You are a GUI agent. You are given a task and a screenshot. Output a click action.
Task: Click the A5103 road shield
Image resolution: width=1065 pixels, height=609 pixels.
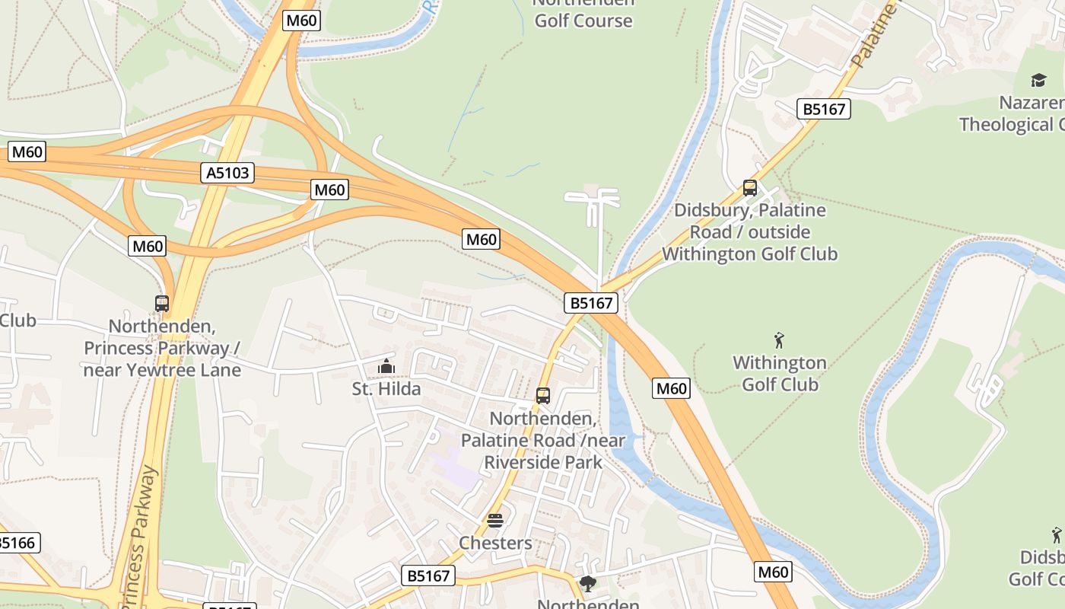coord(228,173)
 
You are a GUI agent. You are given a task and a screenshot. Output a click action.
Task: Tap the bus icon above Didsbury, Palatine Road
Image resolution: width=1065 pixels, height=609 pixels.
coord(750,187)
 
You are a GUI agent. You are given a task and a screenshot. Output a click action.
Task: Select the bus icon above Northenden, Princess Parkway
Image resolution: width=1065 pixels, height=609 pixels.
coord(162,304)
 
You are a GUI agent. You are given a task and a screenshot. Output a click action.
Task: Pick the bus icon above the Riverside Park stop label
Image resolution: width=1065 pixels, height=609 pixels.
coord(542,396)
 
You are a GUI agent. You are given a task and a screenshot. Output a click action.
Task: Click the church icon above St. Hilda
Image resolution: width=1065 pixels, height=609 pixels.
coord(386,367)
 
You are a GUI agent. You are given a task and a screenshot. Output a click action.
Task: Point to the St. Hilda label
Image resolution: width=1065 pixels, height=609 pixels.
coord(386,389)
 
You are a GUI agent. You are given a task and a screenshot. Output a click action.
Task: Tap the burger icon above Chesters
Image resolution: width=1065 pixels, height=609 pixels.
coord(495,521)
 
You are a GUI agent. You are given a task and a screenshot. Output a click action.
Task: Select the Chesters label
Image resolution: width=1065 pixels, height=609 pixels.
coord(495,543)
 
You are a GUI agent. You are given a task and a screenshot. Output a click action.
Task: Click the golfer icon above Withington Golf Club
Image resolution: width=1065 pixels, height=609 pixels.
coord(779,340)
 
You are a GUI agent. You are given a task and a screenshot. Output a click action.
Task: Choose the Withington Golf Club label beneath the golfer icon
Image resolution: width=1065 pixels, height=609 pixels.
coord(780,373)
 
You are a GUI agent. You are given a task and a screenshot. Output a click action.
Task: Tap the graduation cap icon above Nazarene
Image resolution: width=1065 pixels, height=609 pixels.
coord(1038,80)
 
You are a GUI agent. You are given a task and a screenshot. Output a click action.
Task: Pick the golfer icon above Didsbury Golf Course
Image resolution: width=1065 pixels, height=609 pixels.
coord(1057,534)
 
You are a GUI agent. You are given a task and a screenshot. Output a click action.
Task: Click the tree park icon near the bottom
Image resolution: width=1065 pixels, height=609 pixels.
coord(587,584)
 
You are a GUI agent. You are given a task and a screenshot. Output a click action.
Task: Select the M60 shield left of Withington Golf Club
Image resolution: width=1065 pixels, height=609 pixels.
coord(671,389)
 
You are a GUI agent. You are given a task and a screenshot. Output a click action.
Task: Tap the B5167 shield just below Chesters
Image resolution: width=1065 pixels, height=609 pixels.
coord(428,576)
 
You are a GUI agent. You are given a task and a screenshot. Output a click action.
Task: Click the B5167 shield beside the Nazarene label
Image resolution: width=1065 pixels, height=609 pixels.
coord(824,109)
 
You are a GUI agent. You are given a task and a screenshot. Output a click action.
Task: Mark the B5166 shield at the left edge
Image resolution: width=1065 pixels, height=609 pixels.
coord(17,543)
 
